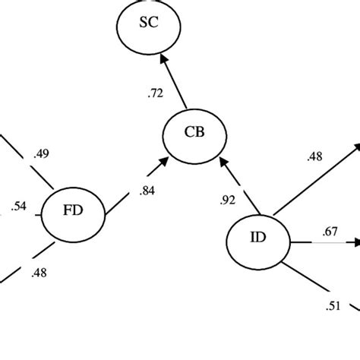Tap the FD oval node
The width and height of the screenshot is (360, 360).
click(72, 215)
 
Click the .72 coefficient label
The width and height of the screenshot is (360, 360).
click(156, 93)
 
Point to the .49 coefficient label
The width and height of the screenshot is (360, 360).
click(41, 154)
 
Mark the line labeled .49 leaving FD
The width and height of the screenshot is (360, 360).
click(30, 163)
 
